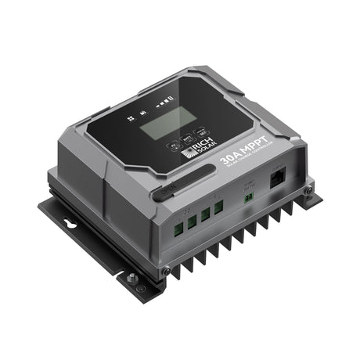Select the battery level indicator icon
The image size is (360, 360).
(165, 103)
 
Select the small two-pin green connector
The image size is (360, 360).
(248, 196)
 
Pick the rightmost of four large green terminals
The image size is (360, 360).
(218, 206)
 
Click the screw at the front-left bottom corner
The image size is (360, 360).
(166, 270)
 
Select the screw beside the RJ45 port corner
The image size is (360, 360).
(308, 189)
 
